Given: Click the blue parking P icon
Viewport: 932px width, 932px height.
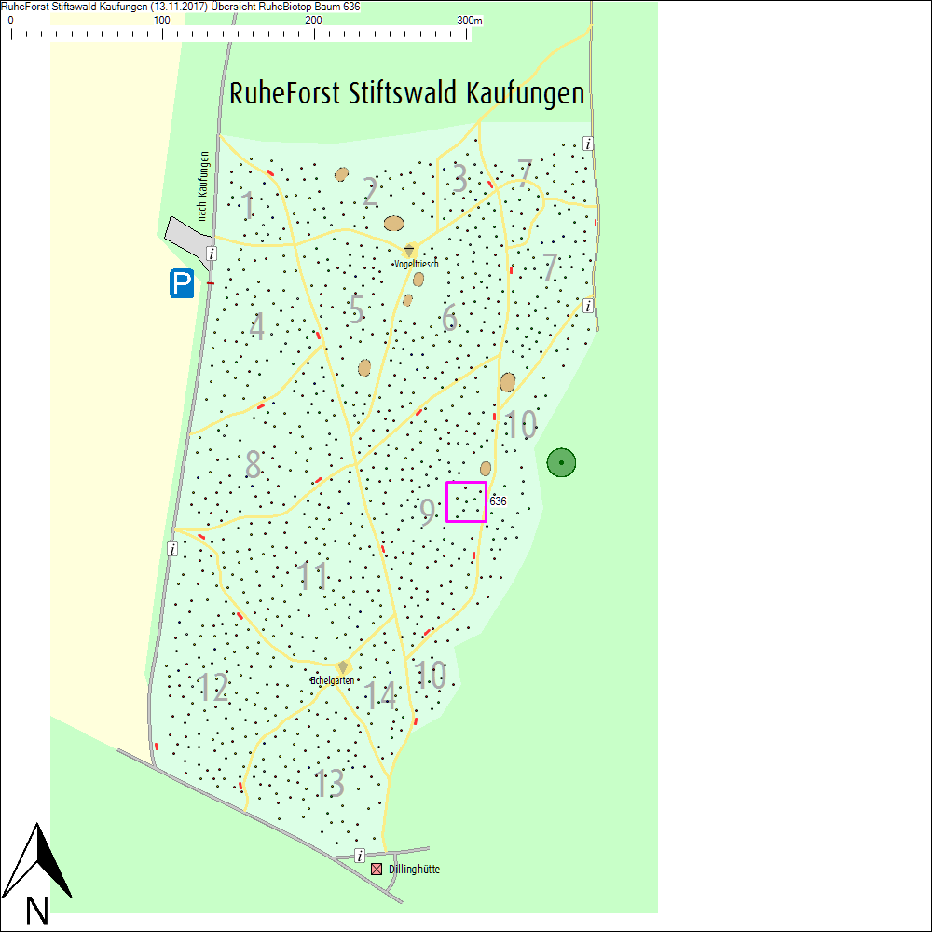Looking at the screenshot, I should (182, 283).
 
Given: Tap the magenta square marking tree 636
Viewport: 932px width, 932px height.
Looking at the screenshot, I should (466, 501).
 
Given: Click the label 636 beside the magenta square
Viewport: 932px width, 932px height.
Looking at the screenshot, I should (498, 501).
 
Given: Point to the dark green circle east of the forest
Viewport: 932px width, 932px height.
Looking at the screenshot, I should (561, 461).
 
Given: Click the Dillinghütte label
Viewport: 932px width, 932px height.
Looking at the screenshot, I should (414, 870).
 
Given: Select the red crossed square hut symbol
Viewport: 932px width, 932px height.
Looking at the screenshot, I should (377, 869).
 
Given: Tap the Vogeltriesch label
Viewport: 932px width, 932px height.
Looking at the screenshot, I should (416, 265).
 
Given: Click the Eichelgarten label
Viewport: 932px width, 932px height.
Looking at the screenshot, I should (333, 681).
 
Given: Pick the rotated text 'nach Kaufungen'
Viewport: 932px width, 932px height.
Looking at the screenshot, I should (203, 186).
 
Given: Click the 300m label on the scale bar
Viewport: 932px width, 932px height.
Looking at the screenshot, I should (470, 21).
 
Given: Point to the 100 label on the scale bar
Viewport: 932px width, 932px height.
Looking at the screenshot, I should (161, 21).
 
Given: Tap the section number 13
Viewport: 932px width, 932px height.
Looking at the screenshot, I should (329, 783).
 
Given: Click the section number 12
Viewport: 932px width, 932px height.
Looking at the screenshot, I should (213, 688).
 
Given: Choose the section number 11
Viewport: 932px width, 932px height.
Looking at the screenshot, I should (314, 577).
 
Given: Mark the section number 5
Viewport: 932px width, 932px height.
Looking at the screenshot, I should (355, 309).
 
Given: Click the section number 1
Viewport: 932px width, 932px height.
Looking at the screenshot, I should (247, 206).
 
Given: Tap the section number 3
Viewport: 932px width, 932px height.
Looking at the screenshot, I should (459, 179).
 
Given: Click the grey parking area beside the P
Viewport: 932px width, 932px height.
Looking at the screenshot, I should (186, 237).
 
